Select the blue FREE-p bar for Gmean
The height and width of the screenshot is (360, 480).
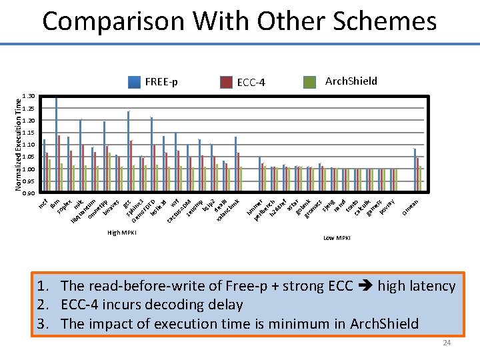[x=415, y=170]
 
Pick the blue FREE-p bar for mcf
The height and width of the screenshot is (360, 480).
[x=44, y=166]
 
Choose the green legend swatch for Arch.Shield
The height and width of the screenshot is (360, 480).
[x=309, y=81]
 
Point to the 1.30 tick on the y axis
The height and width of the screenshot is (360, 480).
[x=28, y=97]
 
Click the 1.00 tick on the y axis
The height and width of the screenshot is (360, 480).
[x=28, y=169]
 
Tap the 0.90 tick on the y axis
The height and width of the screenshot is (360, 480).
[x=28, y=193]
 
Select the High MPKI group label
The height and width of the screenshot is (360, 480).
[x=122, y=233]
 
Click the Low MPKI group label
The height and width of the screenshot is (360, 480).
[x=337, y=238]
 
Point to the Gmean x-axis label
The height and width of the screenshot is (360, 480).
[x=410, y=207]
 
